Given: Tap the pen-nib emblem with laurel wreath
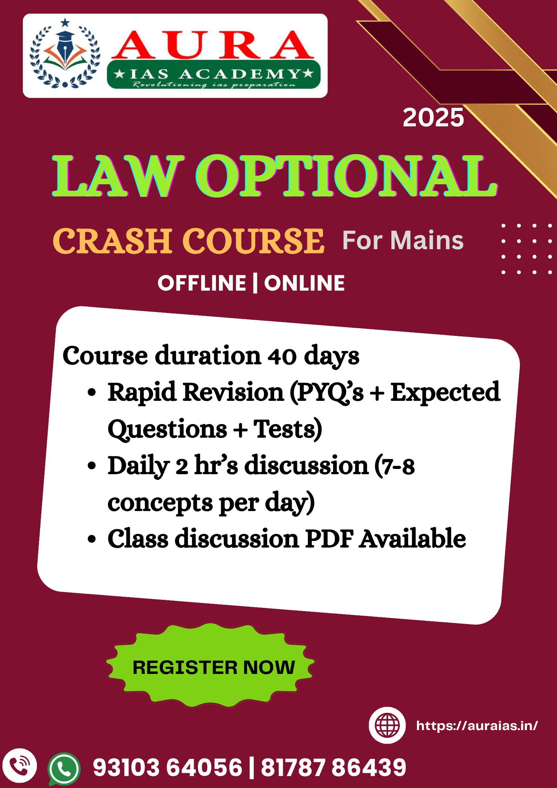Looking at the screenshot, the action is tap(65, 53).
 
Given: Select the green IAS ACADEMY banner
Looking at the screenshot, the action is tap(214, 74).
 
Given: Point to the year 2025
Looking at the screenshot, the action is tap(433, 118).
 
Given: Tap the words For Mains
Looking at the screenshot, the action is tap(403, 240).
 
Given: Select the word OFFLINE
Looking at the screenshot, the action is tap(202, 283).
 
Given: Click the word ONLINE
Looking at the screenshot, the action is tap(304, 283).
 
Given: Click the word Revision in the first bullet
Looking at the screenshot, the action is tap(233, 392).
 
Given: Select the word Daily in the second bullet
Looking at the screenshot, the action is tap(139, 466).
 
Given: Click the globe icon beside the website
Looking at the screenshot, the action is tap(387, 725).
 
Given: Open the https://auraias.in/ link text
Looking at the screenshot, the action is tap(477, 726).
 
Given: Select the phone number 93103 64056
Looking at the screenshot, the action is tap(167, 767).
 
